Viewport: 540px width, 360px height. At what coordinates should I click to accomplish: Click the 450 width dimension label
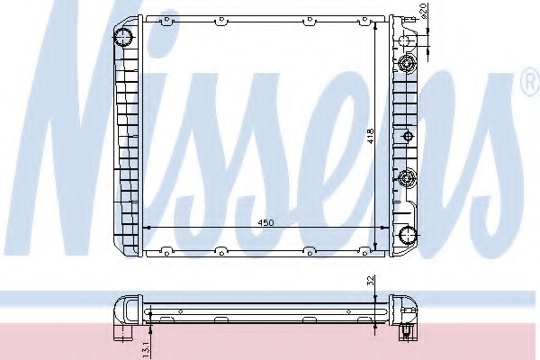coord(265,222)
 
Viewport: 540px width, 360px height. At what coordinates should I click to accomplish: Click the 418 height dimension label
coord(370,136)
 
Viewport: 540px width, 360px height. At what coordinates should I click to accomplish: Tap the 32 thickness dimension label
coord(371,280)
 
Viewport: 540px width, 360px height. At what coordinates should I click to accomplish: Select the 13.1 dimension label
coord(146,349)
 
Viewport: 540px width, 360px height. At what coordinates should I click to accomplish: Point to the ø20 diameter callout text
coord(424,11)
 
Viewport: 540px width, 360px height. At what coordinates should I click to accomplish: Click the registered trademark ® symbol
coord(531,82)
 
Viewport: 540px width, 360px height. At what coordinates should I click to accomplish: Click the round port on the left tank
coord(123,37)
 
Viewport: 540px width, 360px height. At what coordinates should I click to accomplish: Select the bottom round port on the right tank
coord(408,236)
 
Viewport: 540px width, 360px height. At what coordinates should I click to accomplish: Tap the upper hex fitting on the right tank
coord(408,63)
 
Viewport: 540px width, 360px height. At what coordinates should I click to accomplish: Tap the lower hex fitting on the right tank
coord(408,178)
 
